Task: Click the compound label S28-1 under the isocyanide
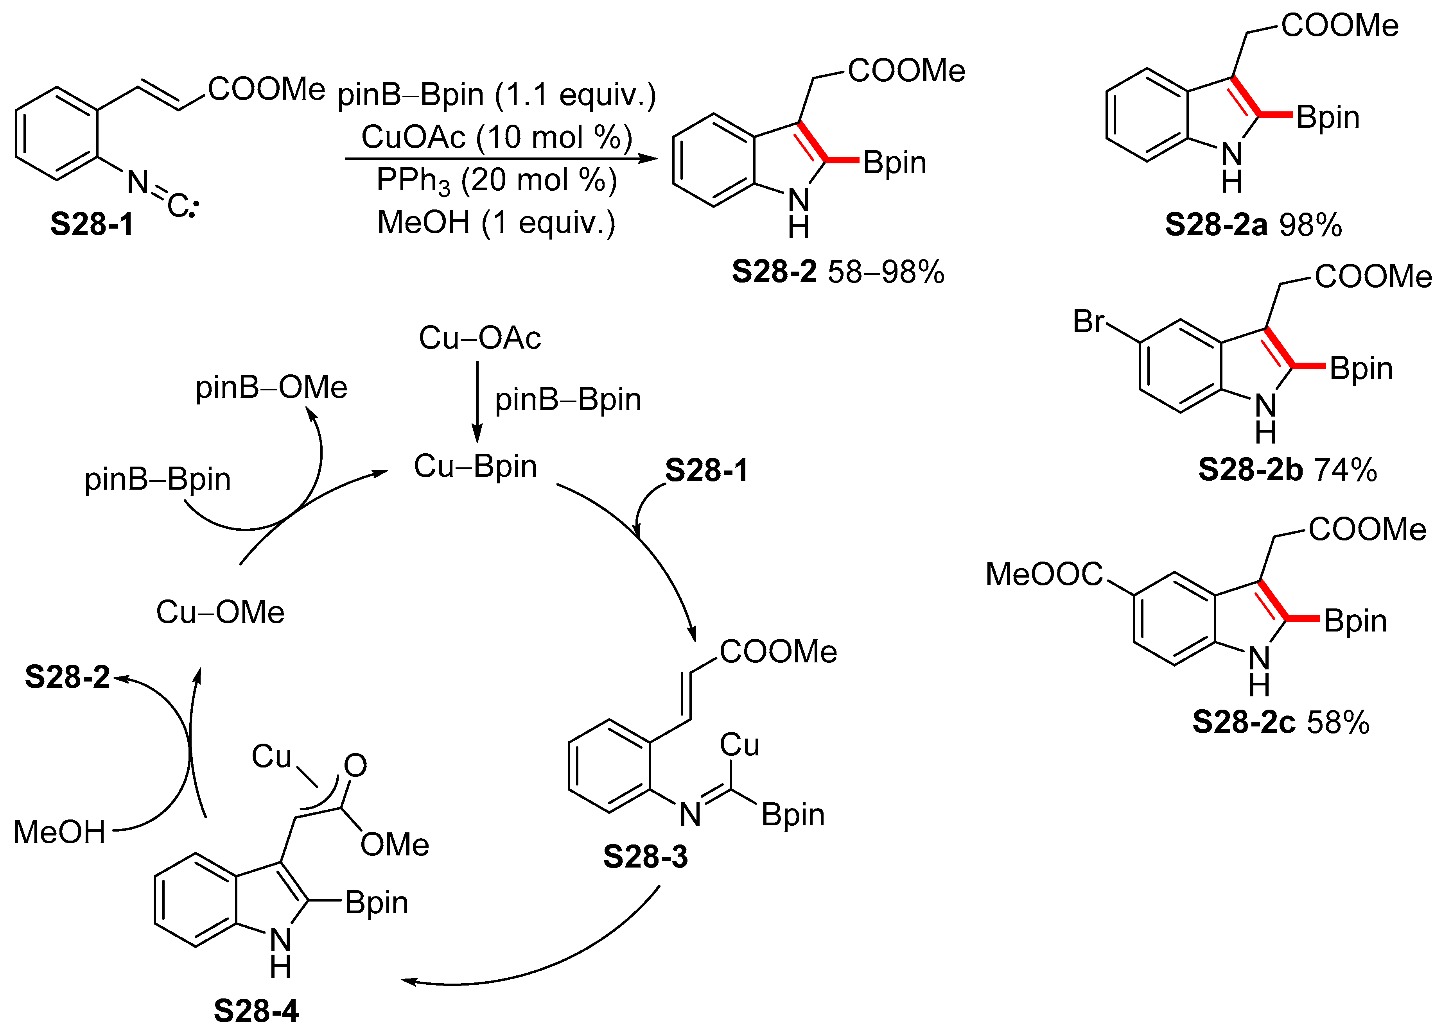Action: pos(92,224)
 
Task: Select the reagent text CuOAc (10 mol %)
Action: pos(496,137)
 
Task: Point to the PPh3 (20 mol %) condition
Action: pos(496,180)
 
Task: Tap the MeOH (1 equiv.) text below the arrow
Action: pos(496,223)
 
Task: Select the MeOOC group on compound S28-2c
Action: pos(1043,574)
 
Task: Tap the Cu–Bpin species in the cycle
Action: pos(475,466)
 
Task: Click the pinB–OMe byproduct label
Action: pos(271,387)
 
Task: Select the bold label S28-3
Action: pos(645,857)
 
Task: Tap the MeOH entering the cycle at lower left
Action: pos(59,832)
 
